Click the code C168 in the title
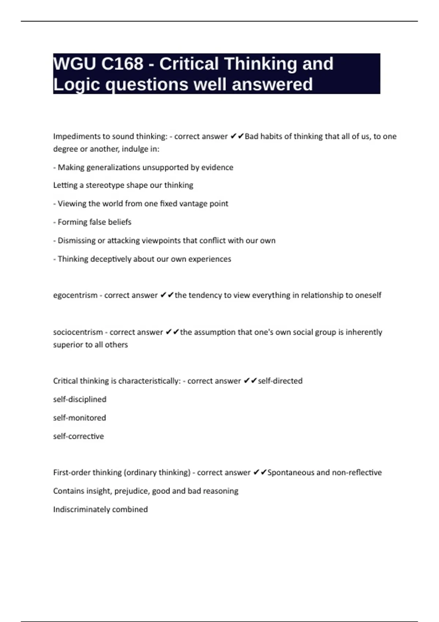point(122,64)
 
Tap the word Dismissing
point(76,240)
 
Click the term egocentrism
point(75,295)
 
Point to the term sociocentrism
point(78,332)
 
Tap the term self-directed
point(280,381)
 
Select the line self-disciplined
point(80,399)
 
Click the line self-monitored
point(79,418)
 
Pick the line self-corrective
point(78,436)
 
